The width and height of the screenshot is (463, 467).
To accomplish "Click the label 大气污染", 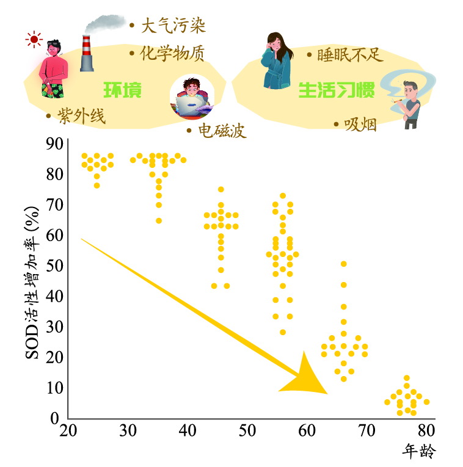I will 173,26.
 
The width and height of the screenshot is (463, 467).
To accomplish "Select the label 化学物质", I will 173,54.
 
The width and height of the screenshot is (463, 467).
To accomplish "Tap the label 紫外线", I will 81,115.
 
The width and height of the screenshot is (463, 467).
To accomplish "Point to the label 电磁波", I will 222,130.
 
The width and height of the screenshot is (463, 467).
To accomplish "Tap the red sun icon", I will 33,40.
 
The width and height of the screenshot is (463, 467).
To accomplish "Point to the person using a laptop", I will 192,98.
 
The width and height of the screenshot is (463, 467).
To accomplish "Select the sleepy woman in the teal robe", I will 276,61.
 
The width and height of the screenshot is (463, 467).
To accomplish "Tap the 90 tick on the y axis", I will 56,144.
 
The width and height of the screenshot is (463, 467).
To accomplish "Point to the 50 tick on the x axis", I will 247,431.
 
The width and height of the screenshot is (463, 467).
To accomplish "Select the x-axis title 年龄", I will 420,452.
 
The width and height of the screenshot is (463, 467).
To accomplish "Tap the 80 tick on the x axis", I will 426,431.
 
